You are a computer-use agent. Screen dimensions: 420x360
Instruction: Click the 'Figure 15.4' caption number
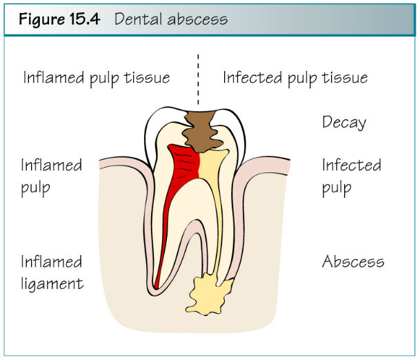point(59,19)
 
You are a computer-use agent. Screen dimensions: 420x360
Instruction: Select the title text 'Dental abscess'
point(171,19)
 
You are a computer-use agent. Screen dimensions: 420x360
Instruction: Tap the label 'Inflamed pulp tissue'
point(97,78)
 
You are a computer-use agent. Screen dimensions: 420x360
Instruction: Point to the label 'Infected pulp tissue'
point(295,78)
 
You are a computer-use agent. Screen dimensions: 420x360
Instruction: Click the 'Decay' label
point(344,123)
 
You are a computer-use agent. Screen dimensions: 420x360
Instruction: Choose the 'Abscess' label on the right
point(353,261)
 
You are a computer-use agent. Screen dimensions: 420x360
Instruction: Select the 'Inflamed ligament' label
point(52,272)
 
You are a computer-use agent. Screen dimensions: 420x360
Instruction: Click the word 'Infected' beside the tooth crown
point(352,165)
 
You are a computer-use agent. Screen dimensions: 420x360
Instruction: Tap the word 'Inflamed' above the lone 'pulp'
point(52,165)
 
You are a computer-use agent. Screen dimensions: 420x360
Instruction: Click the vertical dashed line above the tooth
point(198,79)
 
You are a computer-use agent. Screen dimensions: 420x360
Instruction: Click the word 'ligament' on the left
point(52,284)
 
